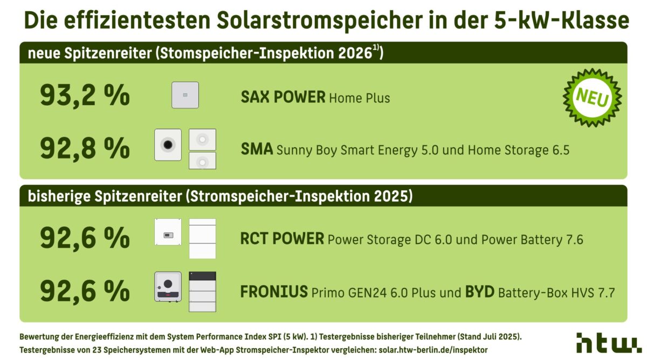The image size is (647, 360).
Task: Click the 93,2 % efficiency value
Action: pyautogui.click(x=85, y=96)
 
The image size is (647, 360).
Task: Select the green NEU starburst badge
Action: pyautogui.click(x=592, y=98)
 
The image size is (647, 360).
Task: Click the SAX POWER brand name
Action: pyautogui.click(x=283, y=98)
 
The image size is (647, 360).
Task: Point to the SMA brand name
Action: pyautogui.click(x=257, y=149)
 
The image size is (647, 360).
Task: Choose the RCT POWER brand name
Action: pyautogui.click(x=282, y=239)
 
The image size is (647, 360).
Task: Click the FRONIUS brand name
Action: pyautogui.click(x=274, y=292)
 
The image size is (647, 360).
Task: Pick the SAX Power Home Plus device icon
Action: pyautogui.click(x=185, y=95)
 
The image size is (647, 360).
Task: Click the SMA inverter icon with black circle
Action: pyautogui.click(x=168, y=144)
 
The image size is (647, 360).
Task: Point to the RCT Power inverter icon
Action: pyautogui.click(x=168, y=232)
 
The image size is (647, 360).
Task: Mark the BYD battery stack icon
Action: pyautogui.click(x=202, y=292)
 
